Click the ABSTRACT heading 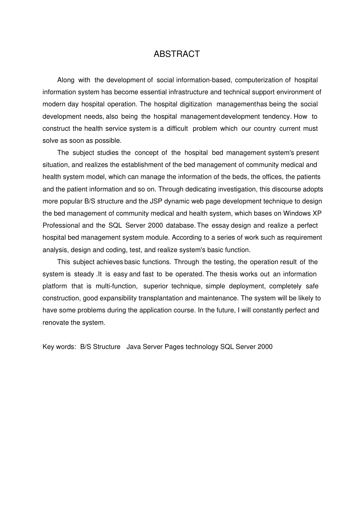pos(177,54)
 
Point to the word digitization pos(194,104)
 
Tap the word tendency pos(276,116)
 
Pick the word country pos(265,129)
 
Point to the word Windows pos(297,213)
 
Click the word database pos(180,226)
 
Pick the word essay pos(220,226)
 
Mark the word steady pos(84,274)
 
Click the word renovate pos(56,323)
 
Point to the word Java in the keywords pos(133,347)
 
